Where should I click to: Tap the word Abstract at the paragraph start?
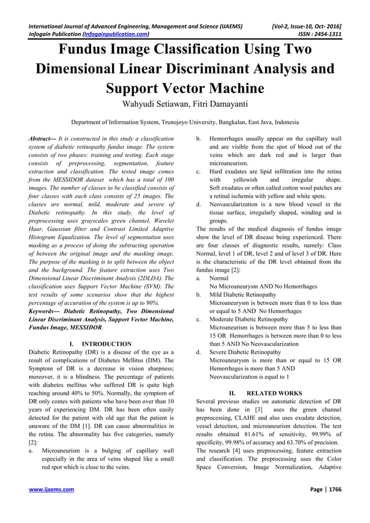click(x=43, y=139)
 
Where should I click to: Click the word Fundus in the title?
click(x=86, y=49)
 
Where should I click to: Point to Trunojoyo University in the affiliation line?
click(x=184, y=123)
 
